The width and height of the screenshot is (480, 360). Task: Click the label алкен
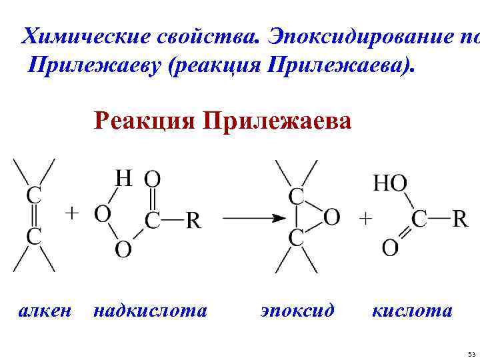[44, 311]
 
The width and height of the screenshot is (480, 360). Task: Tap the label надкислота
[151, 311]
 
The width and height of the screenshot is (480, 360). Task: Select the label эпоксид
[297, 311]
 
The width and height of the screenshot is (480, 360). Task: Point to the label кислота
[412, 311]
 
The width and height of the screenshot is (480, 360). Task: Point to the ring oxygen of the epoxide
[332, 217]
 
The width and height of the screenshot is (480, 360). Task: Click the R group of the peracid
[193, 220]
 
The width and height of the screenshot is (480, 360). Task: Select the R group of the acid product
[460, 219]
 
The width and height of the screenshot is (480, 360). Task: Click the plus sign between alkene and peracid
[71, 213]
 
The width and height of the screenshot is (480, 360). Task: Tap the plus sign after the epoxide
[366, 217]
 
